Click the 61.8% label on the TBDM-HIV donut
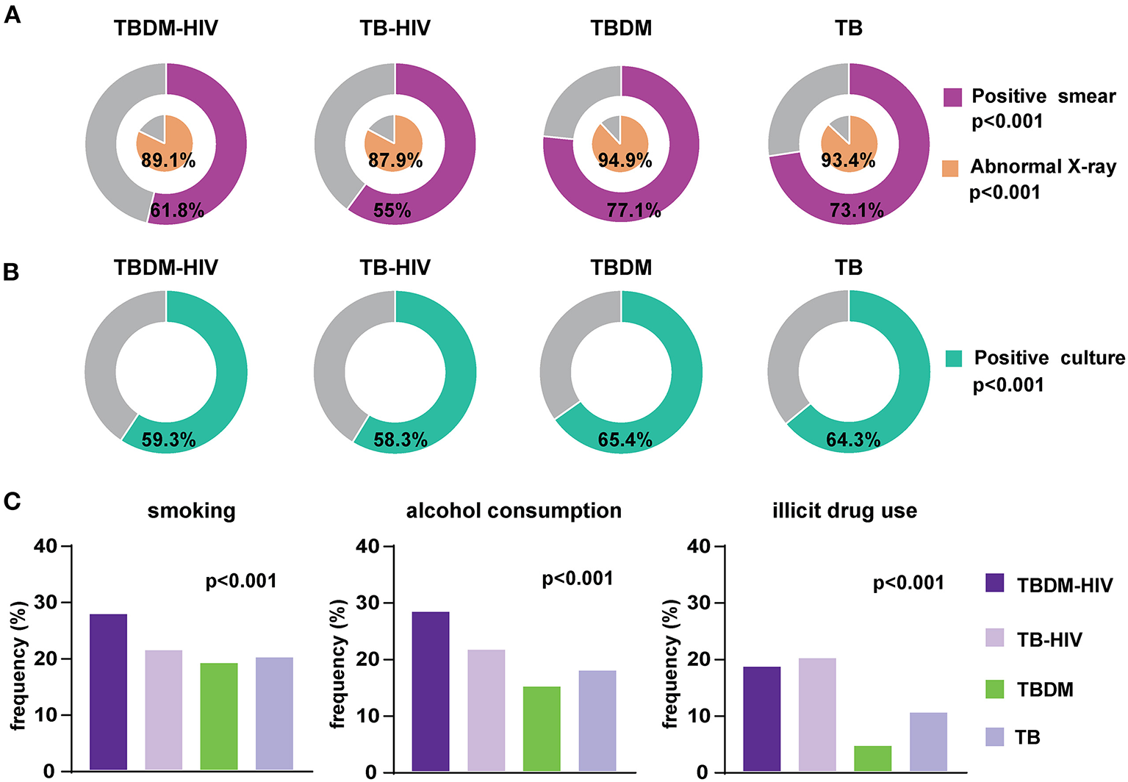(x=177, y=211)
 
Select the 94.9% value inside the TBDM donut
(x=625, y=160)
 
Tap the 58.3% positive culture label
(x=400, y=440)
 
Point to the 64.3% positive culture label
(x=853, y=440)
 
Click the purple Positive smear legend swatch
(x=952, y=97)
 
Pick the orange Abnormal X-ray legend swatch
(x=950, y=168)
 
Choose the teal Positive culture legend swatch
(x=954, y=359)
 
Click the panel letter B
(x=11, y=272)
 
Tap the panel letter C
(x=12, y=502)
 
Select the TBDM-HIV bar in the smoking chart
(x=108, y=692)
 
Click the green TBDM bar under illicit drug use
(x=872, y=758)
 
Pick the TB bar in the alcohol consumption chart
(x=597, y=720)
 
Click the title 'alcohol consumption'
(x=514, y=511)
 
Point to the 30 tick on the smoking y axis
(x=48, y=603)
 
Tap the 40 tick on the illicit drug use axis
(x=698, y=547)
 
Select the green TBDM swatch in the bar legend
(x=994, y=689)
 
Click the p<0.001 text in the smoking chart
(x=241, y=581)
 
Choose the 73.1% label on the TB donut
(x=856, y=211)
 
